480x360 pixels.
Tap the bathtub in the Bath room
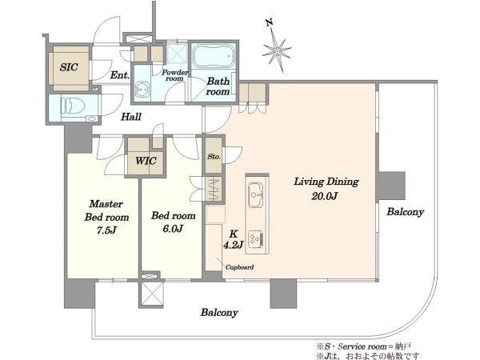(x=214, y=56)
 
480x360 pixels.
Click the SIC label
(x=69, y=67)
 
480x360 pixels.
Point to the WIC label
(x=146, y=161)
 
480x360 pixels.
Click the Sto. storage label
(x=214, y=157)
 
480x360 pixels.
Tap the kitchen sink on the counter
(x=256, y=194)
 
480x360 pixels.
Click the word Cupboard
(x=239, y=267)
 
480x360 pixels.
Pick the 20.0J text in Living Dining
(x=325, y=196)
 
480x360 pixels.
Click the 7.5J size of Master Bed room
(x=106, y=230)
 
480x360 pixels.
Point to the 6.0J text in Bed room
(x=173, y=228)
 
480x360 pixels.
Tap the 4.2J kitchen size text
(x=234, y=245)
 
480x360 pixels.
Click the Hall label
(x=131, y=117)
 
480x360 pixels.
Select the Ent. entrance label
(x=120, y=75)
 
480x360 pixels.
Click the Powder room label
(x=174, y=75)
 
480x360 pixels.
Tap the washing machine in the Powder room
(x=142, y=90)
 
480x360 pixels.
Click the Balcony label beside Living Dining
(x=405, y=212)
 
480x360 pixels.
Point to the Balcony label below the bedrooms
(x=219, y=313)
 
